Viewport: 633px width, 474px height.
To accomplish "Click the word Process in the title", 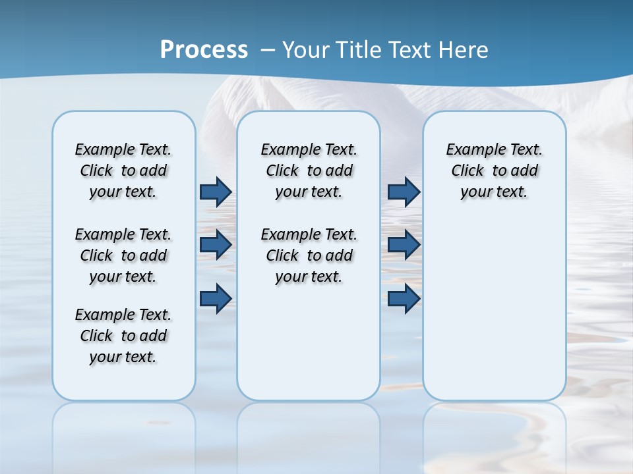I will (204, 50).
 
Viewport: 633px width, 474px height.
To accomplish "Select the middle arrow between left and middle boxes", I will (216, 245).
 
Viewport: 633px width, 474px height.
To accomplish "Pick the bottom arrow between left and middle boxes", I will (216, 299).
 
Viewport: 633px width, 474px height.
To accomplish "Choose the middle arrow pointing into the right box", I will (404, 245).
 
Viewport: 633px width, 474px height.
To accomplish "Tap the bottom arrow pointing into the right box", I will (404, 299).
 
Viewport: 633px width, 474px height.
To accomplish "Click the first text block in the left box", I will (123, 171).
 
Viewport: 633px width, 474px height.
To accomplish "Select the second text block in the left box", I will (123, 255).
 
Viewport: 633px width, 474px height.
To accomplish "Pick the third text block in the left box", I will (123, 336).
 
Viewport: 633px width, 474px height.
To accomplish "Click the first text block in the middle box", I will (309, 171).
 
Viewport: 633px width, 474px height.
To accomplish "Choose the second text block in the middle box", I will (309, 255).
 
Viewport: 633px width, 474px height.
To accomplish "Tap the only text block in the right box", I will (494, 171).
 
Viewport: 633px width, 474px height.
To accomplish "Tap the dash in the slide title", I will (268, 50).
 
